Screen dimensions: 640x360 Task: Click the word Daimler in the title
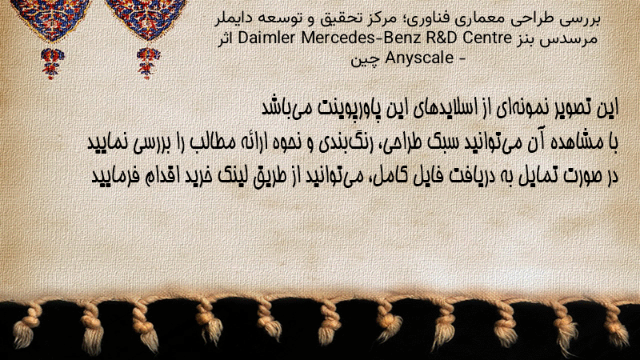click(266, 38)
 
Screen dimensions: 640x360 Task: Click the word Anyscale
click(419, 58)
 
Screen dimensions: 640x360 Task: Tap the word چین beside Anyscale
click(366, 59)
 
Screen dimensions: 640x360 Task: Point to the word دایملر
click(230, 18)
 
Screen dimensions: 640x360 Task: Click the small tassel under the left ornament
click(51, 63)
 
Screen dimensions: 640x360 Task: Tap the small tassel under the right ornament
click(148, 63)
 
